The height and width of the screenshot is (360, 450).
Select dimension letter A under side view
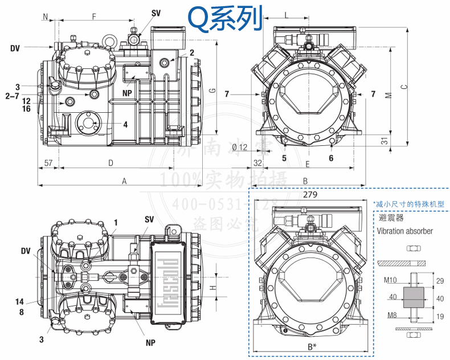pos(124,181)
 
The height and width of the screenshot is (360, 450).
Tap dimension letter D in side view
pos(111,163)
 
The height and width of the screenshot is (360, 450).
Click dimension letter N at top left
pos(45,17)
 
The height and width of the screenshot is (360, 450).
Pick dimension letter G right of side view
pos(212,90)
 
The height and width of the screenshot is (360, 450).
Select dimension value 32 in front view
pos(257,163)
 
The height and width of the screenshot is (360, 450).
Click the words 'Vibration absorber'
pos(404,231)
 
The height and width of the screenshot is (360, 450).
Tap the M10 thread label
pos(390,280)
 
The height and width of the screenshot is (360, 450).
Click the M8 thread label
pos(389,314)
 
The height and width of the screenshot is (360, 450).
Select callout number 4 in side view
pos(125,124)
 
